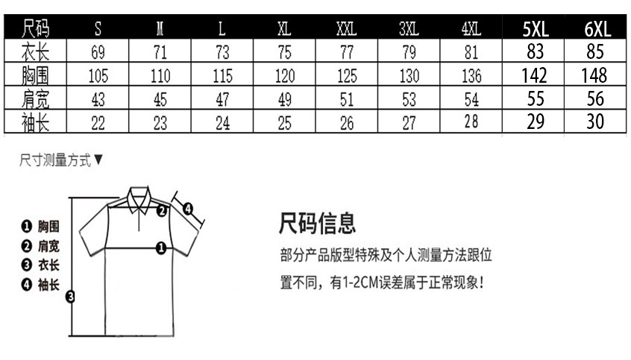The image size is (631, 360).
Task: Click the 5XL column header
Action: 536,29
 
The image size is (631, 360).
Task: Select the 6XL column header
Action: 597,29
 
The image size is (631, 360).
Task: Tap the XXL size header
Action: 346,30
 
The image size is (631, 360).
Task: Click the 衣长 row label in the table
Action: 35,52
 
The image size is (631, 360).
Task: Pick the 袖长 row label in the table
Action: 35,122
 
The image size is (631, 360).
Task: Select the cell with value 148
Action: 597,75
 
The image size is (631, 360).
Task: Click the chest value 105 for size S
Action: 98,76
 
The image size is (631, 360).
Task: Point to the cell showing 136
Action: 471,76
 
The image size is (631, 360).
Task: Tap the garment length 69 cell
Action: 98,52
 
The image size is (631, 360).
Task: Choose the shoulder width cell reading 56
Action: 597,99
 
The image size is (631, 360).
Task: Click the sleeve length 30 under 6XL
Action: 597,122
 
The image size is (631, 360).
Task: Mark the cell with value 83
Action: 536,52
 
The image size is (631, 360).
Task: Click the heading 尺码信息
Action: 317,222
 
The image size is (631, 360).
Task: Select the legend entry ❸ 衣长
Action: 41,265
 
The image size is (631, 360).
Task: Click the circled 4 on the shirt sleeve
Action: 188,209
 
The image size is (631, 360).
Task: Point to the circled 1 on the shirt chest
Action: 160,247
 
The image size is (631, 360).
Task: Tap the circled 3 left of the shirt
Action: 70,297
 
